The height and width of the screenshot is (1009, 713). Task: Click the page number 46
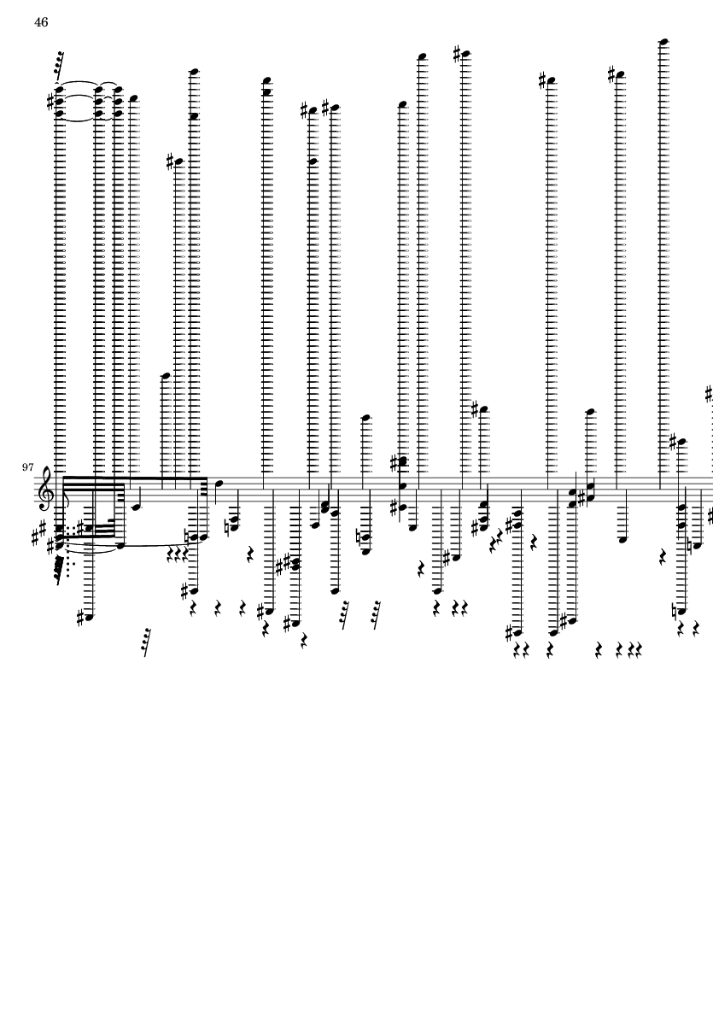[41, 23]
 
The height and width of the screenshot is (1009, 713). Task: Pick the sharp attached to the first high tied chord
[50, 101]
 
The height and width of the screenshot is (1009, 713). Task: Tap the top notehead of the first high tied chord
[59, 87]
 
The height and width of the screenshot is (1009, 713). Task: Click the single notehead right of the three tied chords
[134, 97]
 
